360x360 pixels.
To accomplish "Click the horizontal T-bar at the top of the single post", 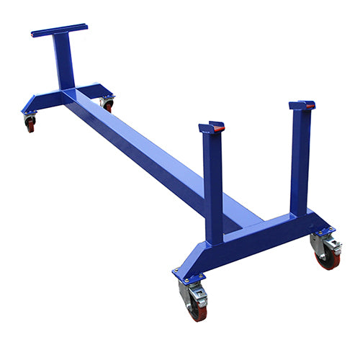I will [x=59, y=30].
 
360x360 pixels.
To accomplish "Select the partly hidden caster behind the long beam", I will [x=108, y=104].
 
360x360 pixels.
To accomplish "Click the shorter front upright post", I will [x=212, y=187].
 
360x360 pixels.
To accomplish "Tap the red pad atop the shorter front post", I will [x=216, y=127].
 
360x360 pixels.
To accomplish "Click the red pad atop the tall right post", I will [x=310, y=105].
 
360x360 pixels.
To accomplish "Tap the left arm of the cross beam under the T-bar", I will [x=40, y=102].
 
